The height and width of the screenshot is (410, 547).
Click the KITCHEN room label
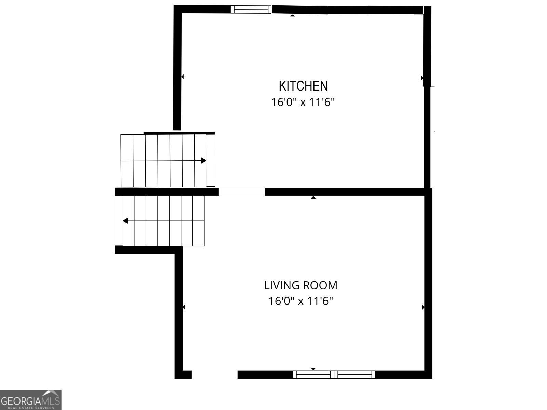303,86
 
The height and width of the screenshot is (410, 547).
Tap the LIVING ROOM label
301,285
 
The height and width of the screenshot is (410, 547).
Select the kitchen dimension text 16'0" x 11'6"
303,102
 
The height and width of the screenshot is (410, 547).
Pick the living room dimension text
301,301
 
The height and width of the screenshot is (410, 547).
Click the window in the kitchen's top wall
251,10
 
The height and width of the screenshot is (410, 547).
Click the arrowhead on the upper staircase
204,160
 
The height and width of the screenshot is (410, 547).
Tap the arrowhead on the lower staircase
125,221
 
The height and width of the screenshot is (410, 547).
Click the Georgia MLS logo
31,399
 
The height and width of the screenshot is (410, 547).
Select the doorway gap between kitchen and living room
242,192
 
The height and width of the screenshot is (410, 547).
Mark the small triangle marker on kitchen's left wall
182,77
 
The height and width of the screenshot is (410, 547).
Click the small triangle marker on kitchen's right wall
422,78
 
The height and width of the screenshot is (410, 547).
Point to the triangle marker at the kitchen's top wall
293,15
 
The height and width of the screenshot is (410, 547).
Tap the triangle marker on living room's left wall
184,307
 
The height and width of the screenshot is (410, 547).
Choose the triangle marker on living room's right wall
423,307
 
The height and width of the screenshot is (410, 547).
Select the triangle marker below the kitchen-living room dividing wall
313,197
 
